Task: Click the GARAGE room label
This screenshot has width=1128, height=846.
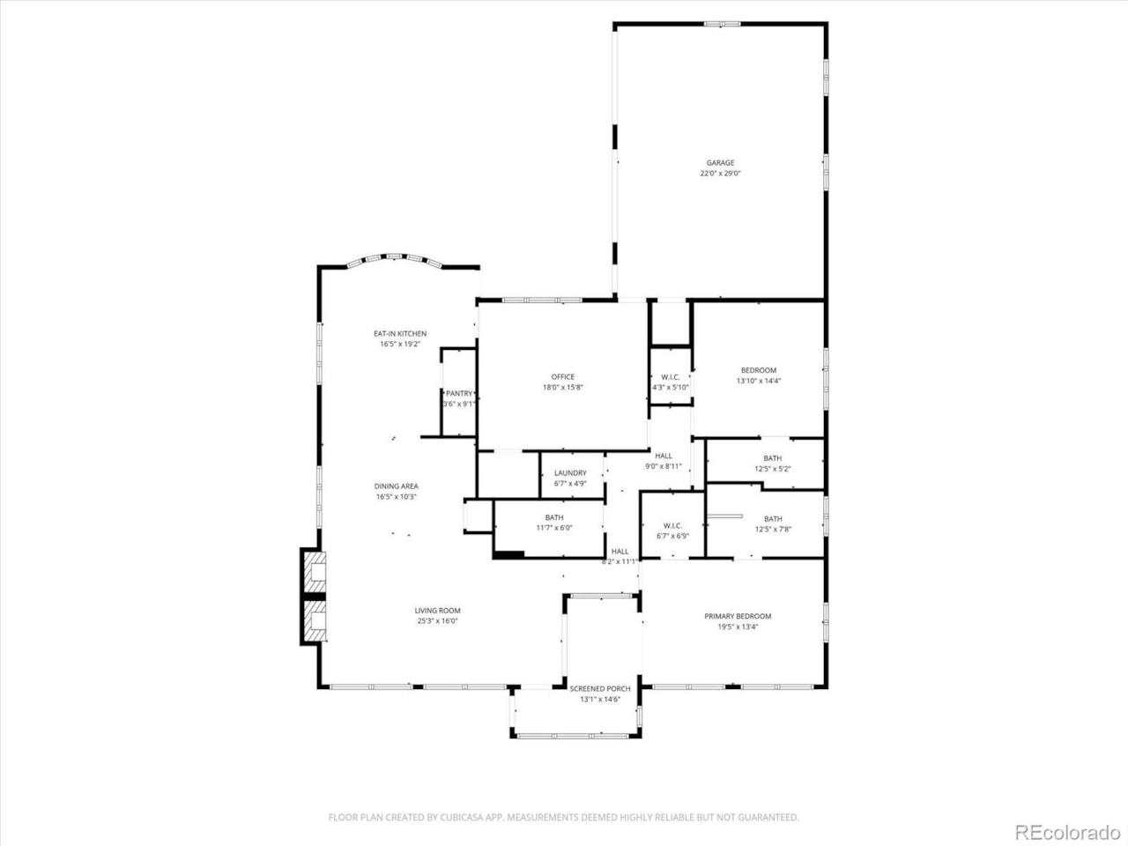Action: (x=719, y=163)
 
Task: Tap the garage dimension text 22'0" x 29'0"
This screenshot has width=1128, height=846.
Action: (x=719, y=174)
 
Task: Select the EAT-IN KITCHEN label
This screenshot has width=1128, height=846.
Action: (x=399, y=334)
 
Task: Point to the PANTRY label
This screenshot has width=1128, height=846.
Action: (x=459, y=394)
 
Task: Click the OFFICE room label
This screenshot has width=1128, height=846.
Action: (x=562, y=377)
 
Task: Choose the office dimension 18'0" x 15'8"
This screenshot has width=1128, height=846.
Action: (x=562, y=388)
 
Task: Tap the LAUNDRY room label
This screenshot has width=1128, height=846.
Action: (x=570, y=473)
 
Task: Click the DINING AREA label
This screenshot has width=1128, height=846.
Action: (x=396, y=486)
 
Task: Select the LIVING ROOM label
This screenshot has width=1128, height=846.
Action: (x=437, y=611)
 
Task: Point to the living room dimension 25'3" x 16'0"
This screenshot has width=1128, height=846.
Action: (x=437, y=621)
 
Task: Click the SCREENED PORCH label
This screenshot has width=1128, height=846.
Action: (x=599, y=689)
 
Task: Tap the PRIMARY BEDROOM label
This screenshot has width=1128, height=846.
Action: (x=737, y=617)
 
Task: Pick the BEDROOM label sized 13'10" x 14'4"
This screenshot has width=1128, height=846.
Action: (x=758, y=371)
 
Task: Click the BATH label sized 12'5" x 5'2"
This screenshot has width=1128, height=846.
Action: (x=772, y=458)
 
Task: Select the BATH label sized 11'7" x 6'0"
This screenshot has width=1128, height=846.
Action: (x=553, y=518)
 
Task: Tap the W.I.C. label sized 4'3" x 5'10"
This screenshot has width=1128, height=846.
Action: (x=670, y=377)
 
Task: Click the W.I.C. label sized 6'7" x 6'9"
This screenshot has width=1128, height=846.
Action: (x=672, y=526)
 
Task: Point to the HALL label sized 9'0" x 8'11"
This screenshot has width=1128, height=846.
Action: (x=663, y=456)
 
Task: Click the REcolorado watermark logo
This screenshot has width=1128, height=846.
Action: (x=1066, y=831)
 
